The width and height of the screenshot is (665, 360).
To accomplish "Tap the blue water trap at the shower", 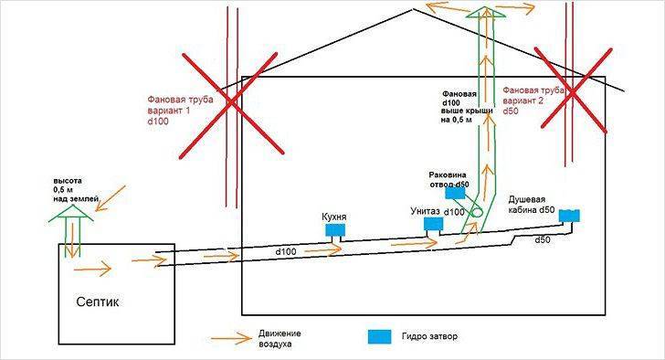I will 571,216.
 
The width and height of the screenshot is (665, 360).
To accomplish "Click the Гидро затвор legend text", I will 427,336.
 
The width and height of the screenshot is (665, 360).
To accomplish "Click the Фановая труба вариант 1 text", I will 179,106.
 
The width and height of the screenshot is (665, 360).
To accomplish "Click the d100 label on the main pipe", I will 287,249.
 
